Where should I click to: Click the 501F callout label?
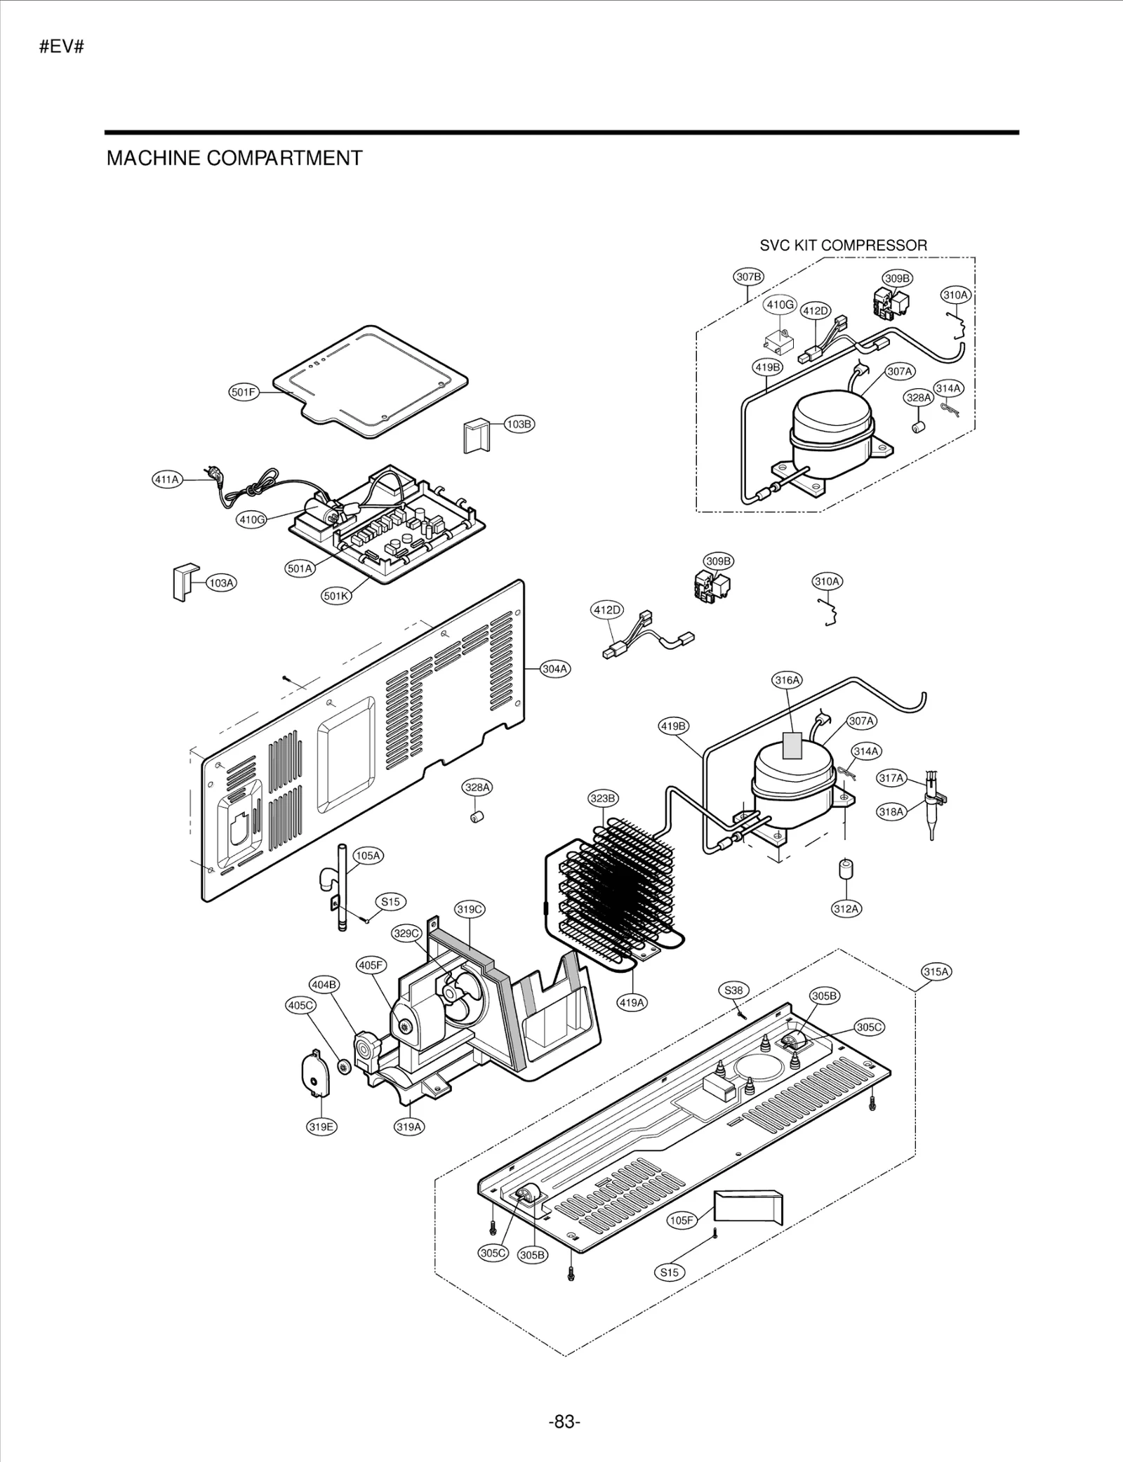pos(244,392)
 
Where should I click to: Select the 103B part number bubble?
pos(519,424)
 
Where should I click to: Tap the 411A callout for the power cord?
pos(167,479)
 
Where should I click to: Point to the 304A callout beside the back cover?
pos(555,669)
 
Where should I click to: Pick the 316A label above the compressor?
pos(787,680)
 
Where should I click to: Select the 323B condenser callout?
pos(603,798)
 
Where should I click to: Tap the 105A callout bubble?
pos(368,856)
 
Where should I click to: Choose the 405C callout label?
pos(300,1005)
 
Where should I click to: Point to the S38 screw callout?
pos(733,990)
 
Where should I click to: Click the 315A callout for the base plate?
pos(936,972)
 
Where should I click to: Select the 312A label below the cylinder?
pos(846,909)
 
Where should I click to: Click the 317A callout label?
pos(891,778)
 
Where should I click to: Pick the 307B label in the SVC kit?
pos(749,277)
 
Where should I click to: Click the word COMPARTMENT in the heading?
pos(284,158)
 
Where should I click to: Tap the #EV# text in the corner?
pos(62,48)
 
